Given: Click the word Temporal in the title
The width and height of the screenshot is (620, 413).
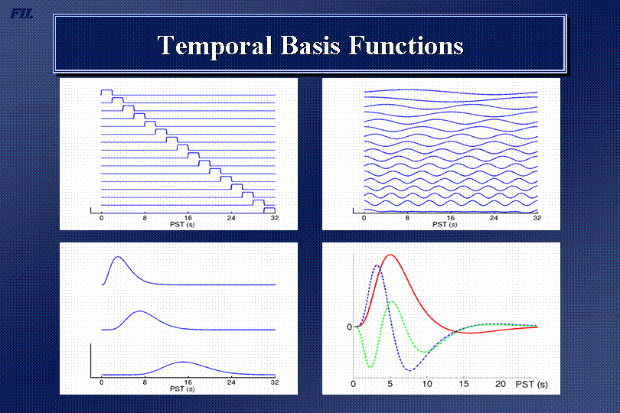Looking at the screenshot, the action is coord(215,46).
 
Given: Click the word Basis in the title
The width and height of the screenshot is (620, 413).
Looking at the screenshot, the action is coord(311,45).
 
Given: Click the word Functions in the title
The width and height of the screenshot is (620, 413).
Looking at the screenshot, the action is coord(406,45).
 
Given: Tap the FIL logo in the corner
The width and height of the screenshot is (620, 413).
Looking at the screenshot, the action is coord(21,14).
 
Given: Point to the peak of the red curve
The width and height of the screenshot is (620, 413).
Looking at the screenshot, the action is coord(390,255).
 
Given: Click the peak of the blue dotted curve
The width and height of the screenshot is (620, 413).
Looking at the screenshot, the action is coord(377,265).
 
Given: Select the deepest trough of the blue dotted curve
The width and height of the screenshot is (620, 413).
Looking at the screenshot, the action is coord(410,370).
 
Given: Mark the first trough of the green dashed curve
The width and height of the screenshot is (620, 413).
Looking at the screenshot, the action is coord(370,368).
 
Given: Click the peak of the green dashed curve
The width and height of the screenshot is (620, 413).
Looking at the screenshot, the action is coord(392,301).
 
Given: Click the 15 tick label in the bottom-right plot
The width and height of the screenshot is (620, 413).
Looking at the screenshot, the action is coord(463,384).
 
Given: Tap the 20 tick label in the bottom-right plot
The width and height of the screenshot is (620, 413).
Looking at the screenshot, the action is coord(501,384).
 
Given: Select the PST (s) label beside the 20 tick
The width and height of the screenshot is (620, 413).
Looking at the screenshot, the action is coord(531,384).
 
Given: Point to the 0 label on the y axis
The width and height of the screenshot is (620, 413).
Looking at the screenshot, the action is coord(349,327).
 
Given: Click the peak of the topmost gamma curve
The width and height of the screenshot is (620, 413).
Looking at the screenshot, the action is coord(118,257).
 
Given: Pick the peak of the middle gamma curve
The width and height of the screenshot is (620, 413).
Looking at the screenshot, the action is coord(139,311).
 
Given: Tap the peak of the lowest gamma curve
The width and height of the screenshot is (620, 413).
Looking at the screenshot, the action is coord(182,362).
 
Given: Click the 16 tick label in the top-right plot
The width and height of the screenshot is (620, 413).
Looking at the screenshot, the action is coord(450,218).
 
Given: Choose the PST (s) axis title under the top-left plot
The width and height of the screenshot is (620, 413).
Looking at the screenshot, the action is coord(182,225).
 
